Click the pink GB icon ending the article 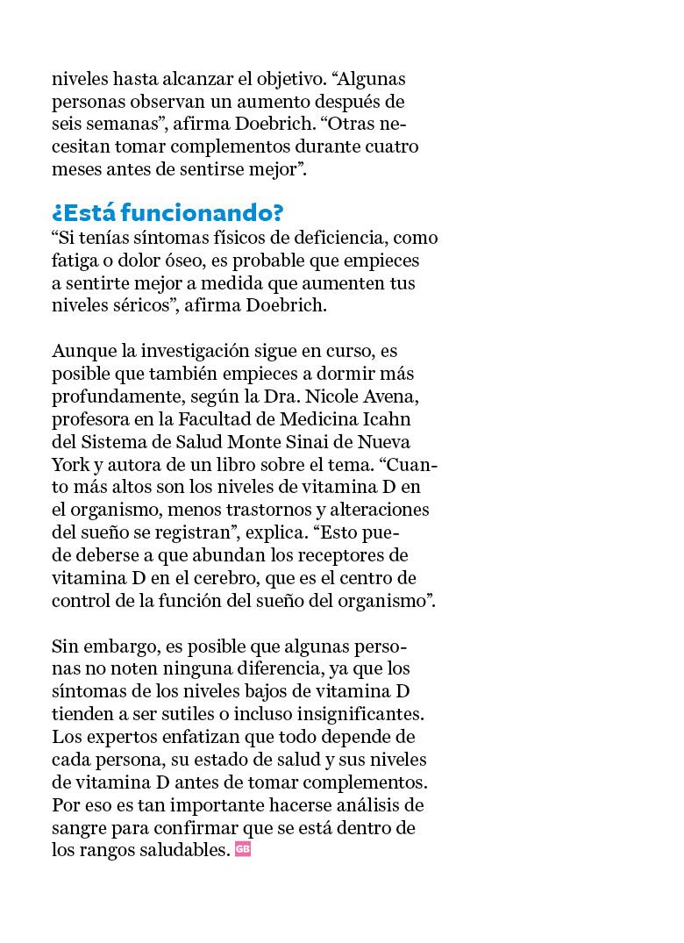(243, 849)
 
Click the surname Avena (399, 397)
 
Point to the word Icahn (387, 420)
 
